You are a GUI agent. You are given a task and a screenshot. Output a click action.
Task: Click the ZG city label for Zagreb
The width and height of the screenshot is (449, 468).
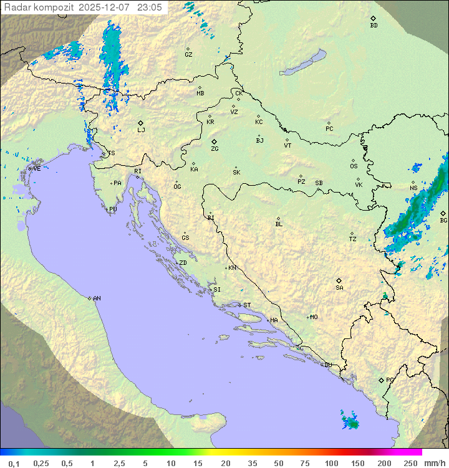(215, 149)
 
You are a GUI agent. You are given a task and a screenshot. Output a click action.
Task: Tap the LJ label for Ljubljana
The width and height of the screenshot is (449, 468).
(141, 130)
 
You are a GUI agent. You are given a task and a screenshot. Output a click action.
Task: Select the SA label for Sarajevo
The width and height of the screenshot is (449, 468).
(339, 287)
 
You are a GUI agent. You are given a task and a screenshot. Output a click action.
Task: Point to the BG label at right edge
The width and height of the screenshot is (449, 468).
(443, 220)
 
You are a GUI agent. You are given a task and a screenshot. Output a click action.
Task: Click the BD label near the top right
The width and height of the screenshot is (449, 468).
(374, 26)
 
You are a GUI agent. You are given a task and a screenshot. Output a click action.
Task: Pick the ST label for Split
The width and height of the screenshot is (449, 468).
(247, 305)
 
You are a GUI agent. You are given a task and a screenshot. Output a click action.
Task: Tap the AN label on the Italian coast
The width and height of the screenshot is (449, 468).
(97, 298)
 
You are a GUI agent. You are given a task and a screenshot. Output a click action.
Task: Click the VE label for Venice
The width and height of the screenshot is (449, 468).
(37, 169)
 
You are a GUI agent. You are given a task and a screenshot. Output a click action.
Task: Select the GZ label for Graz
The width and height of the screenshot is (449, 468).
(188, 55)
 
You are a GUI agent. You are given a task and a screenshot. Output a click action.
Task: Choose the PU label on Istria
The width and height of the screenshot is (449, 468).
(113, 209)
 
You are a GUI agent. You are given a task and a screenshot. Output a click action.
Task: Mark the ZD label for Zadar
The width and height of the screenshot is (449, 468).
(183, 263)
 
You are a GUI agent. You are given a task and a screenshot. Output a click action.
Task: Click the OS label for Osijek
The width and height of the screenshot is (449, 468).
(354, 166)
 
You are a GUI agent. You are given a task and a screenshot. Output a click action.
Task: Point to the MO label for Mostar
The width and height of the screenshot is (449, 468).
(314, 317)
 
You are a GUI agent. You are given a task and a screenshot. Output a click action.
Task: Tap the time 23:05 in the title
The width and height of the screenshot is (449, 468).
(149, 7)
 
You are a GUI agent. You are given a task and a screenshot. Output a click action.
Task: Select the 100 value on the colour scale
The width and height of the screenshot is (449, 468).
(331, 463)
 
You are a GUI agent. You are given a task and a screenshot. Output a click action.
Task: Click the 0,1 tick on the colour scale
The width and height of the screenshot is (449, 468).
(14, 463)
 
